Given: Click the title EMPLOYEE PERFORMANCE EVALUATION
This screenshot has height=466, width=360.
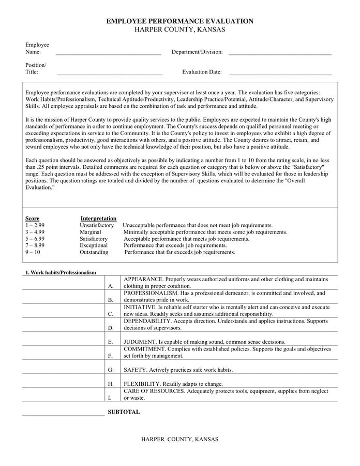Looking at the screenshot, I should (x=179, y=21).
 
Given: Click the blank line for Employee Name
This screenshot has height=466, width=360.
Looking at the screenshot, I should (x=109, y=52).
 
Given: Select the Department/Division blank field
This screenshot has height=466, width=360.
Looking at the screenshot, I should (x=279, y=52).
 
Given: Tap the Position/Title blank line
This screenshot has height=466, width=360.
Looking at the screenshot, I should (x=110, y=72).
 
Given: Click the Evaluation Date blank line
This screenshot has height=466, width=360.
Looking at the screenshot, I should (x=280, y=72).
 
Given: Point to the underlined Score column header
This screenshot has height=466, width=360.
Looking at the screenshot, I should (x=32, y=219).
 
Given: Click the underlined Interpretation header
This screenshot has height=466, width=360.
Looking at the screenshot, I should (x=98, y=219).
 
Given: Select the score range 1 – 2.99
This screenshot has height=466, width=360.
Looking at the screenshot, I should (x=35, y=225).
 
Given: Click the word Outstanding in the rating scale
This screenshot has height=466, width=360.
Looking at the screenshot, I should (x=94, y=252).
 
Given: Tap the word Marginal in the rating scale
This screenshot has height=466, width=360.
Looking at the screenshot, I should (x=91, y=232).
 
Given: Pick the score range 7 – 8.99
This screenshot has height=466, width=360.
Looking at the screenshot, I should (x=35, y=245).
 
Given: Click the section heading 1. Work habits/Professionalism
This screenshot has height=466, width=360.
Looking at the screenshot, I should (x=61, y=272).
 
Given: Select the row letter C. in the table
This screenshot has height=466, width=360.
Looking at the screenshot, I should (x=110, y=314).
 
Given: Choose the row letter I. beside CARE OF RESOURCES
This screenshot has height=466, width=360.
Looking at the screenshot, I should (x=110, y=398).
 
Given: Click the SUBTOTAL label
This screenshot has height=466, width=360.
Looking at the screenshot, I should (x=124, y=412).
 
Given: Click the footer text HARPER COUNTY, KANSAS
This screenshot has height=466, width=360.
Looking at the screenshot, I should (x=179, y=439).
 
